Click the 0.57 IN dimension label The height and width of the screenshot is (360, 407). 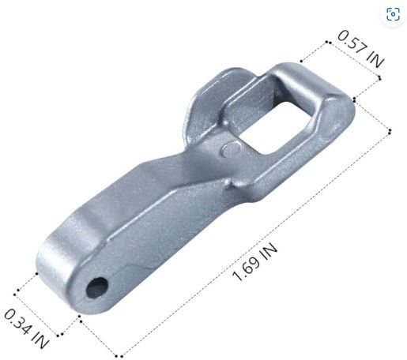point(360,49)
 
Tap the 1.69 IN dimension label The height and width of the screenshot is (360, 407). point(254,262)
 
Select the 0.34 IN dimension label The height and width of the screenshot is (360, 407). point(26,329)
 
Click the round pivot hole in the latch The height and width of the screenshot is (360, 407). point(97,287)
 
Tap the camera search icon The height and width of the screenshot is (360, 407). point(393,13)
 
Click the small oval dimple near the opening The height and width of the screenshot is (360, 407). point(232,149)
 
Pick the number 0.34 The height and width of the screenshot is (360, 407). point(18,321)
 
